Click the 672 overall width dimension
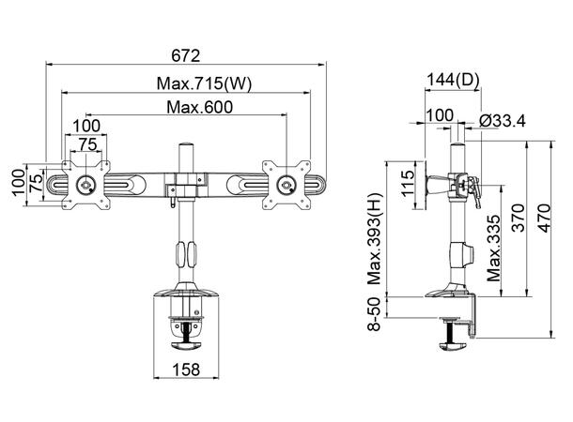click(185, 53)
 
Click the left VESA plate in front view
click(86, 183)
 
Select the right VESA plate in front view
click(284, 182)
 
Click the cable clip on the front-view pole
click(184, 253)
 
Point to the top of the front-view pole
click(184, 147)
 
